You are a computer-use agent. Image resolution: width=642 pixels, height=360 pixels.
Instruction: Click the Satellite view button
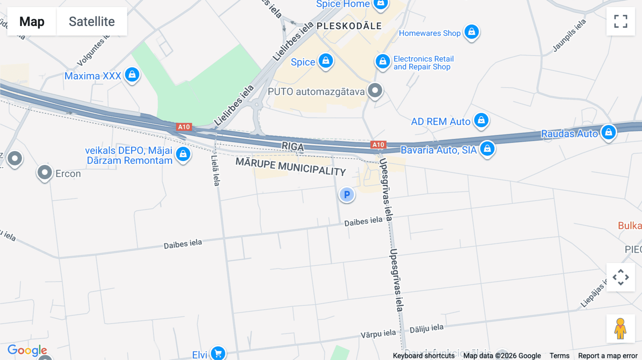tap(92, 21)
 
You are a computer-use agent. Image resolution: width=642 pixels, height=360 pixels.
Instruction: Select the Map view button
tap(32, 21)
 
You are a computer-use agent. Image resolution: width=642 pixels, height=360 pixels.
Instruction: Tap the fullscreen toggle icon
tap(621, 21)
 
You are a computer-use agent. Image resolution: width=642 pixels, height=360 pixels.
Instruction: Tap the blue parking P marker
tap(347, 195)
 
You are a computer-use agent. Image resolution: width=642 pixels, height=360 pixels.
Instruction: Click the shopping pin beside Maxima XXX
tap(132, 75)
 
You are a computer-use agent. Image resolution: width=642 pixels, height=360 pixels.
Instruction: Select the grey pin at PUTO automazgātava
tap(375, 91)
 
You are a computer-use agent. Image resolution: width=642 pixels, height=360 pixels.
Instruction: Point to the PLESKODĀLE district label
tap(349, 26)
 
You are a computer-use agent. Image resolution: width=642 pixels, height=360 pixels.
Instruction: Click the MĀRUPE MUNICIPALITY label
tap(291, 166)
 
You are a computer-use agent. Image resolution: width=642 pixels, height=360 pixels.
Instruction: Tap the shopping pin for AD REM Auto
tap(481, 120)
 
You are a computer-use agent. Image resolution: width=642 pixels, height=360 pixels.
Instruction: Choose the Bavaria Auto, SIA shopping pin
tap(487, 149)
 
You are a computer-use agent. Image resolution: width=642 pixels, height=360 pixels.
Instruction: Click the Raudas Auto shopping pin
tap(608, 132)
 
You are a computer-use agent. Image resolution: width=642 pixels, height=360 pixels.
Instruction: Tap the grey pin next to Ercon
tap(45, 173)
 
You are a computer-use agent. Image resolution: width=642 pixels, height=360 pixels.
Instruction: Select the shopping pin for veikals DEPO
tap(183, 154)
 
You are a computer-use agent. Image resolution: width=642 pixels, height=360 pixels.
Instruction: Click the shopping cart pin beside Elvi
tap(218, 353)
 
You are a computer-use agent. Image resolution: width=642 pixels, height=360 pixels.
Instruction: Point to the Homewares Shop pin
tap(472, 32)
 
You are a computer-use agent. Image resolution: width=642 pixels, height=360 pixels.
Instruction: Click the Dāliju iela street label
tap(427, 329)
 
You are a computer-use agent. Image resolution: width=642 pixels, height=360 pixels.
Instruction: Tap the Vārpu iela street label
tap(378, 334)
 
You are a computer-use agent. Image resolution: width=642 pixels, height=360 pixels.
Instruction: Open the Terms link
tap(559, 356)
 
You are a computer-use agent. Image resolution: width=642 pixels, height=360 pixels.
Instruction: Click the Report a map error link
tap(608, 356)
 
